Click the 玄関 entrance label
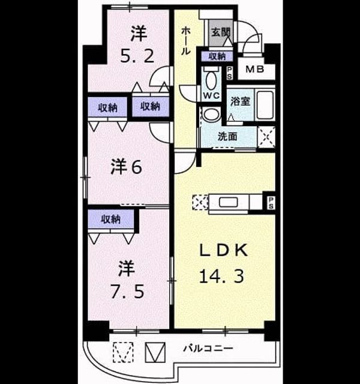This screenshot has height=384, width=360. click(x=221, y=32)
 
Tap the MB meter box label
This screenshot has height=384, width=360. click(x=254, y=70)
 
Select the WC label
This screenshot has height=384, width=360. click(x=212, y=95)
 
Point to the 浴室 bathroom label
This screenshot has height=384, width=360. click(x=240, y=101)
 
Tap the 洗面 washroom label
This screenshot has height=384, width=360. click(x=227, y=136)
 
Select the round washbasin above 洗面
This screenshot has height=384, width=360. click(x=212, y=115)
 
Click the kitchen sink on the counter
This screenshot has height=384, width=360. click(x=228, y=203)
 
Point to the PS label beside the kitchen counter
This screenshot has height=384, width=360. click(x=271, y=203)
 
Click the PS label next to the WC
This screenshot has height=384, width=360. click(x=229, y=73)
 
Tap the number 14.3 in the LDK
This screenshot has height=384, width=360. click(x=221, y=276)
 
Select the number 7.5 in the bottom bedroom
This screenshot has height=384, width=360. click(x=127, y=292)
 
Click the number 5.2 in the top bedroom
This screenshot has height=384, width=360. click(x=137, y=56)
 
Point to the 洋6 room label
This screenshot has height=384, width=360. click(x=127, y=167)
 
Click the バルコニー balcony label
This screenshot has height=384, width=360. click(x=208, y=348)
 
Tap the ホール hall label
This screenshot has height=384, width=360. click(x=185, y=41)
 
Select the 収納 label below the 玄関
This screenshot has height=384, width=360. click(x=217, y=56)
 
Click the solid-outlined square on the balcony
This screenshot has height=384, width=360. click(x=155, y=352)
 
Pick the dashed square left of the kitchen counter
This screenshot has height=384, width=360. click(x=200, y=202)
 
